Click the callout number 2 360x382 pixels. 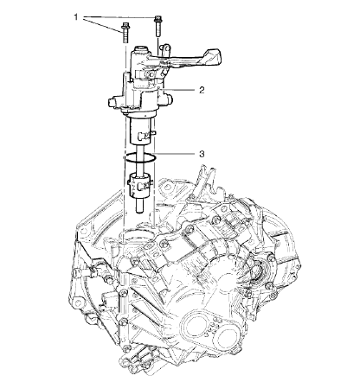tap(200, 89)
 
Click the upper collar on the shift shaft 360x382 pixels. tap(142, 134)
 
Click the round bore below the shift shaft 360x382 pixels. tap(136, 236)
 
